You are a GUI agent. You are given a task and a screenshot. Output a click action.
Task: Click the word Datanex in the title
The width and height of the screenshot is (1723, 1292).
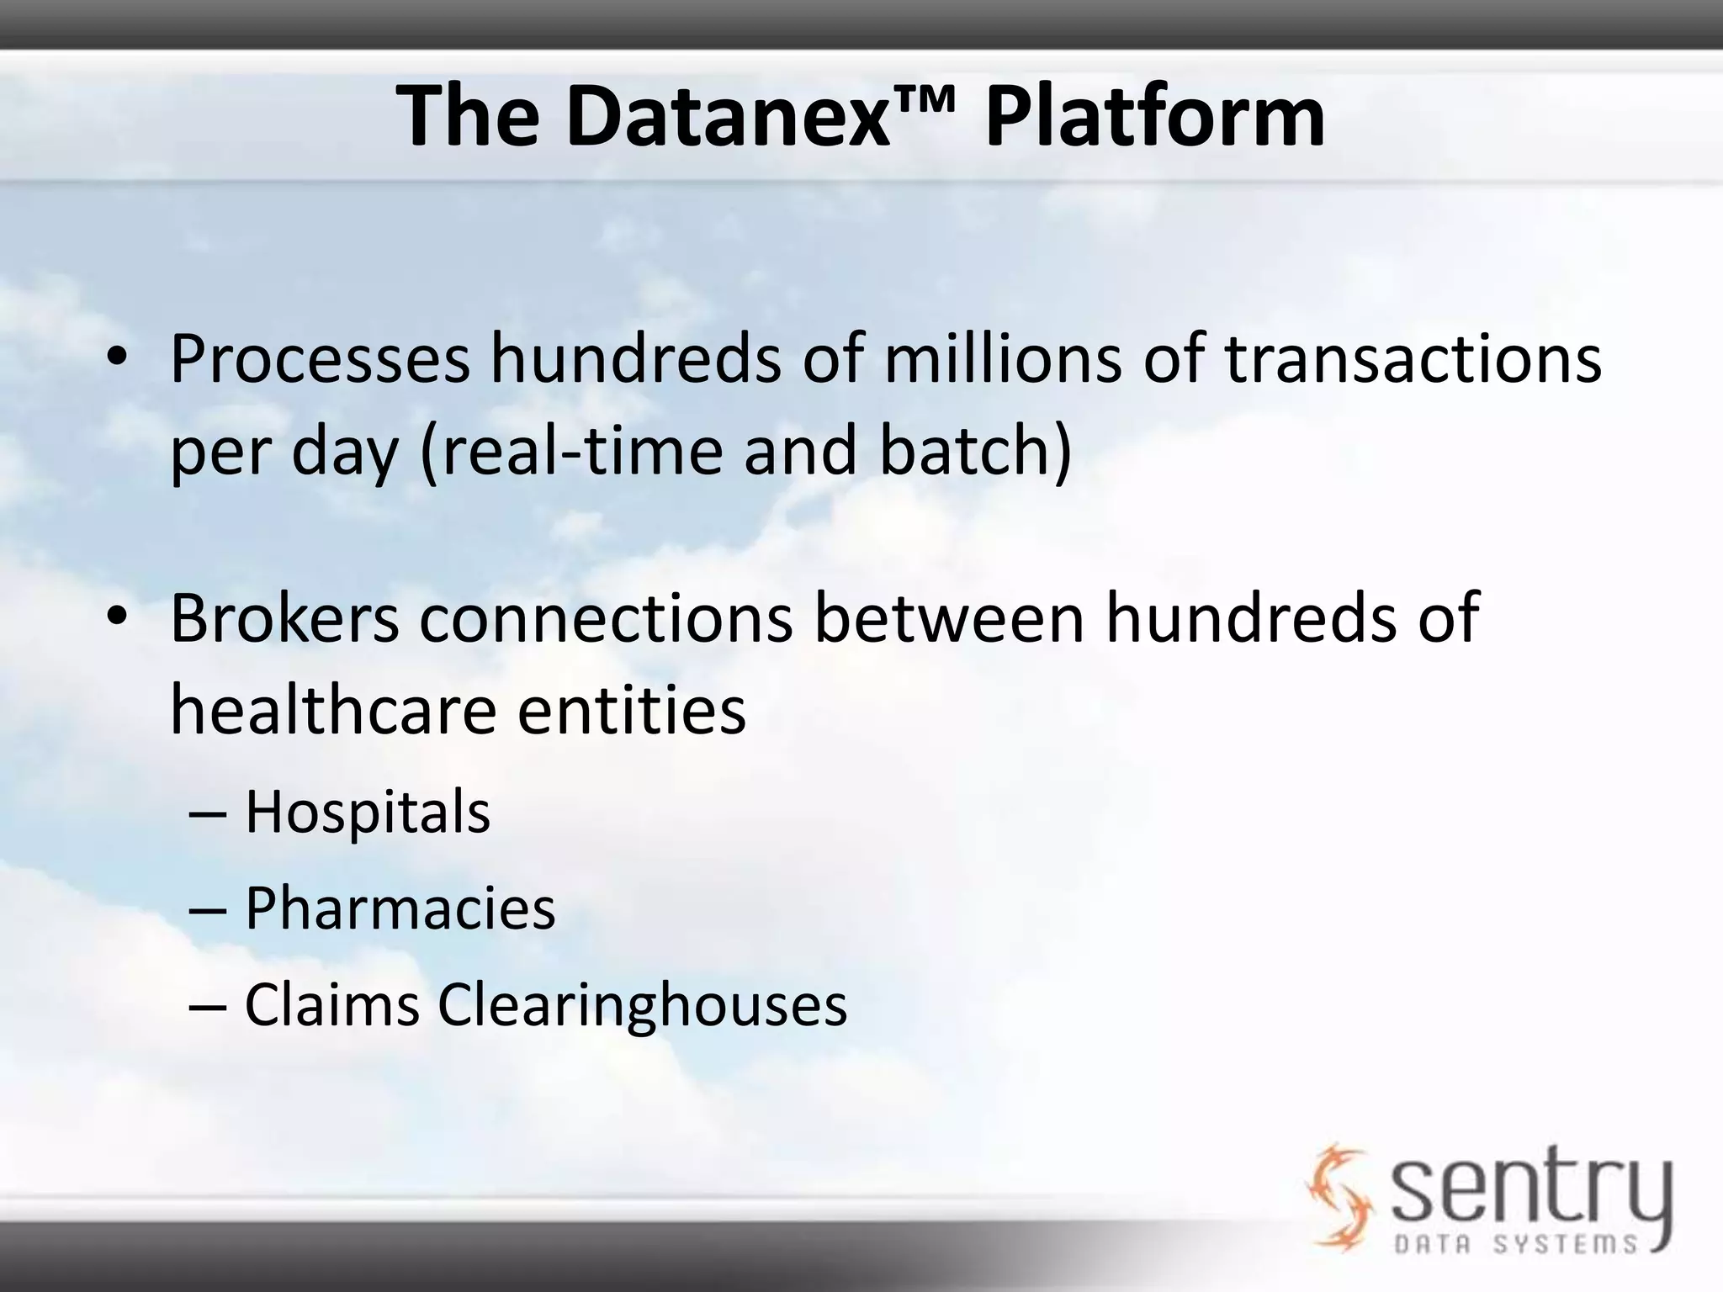[728, 118]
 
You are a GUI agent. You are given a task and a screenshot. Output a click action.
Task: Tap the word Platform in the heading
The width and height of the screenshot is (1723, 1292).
[1154, 118]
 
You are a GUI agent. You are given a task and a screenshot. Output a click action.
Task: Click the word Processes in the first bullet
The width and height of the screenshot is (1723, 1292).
[320, 360]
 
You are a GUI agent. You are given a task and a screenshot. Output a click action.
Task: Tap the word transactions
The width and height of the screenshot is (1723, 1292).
[1413, 360]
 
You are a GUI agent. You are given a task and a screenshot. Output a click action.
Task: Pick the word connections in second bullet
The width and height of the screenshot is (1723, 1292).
[606, 619]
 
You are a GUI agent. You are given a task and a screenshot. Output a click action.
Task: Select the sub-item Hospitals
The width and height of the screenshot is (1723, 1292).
[368, 813]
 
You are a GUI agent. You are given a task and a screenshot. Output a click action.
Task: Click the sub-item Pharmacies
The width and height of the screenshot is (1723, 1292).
[400, 909]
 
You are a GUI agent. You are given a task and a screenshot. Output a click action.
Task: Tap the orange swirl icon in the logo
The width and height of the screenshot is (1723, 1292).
[1338, 1194]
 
